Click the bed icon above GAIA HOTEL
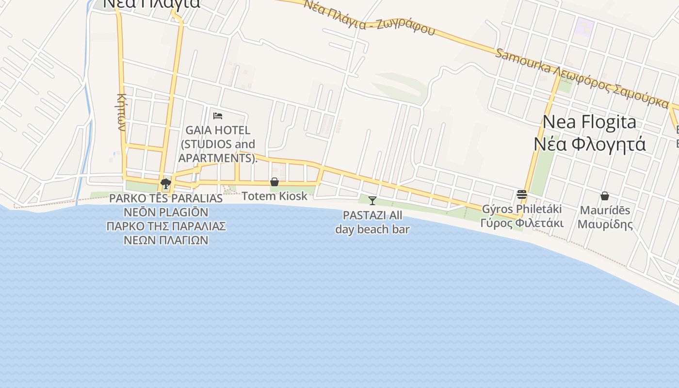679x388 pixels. click(218, 116)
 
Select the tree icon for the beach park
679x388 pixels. click(166, 183)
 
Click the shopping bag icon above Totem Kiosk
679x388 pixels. click(275, 182)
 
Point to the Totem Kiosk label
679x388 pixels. click(275, 196)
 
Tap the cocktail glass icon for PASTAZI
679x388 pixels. click(372, 200)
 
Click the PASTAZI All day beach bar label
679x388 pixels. click(372, 222)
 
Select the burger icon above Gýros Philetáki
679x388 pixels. click(522, 194)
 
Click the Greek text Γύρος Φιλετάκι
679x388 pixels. click(522, 224)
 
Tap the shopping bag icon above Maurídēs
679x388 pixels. click(605, 196)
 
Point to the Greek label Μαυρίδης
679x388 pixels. click(605, 225)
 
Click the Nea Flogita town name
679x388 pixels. click(589, 122)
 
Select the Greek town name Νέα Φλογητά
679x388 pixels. click(590, 144)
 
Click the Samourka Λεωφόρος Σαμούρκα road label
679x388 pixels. click(582, 78)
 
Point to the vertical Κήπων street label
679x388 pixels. click(121, 112)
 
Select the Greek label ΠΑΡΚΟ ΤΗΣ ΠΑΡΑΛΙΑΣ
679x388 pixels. click(166, 226)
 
